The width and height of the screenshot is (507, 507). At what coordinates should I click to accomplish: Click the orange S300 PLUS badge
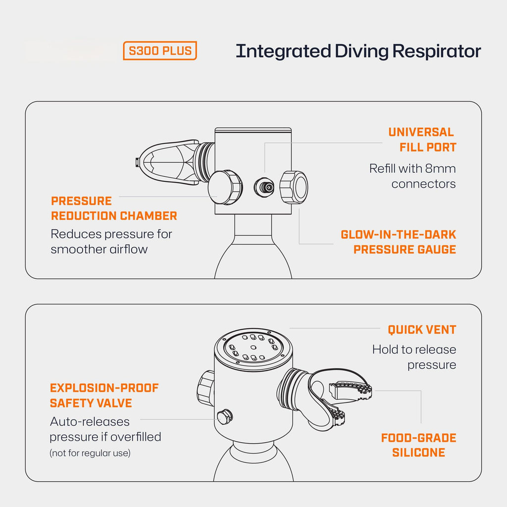pyautogui.click(x=160, y=51)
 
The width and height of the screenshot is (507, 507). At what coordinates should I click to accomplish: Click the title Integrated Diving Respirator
pyautogui.click(x=358, y=51)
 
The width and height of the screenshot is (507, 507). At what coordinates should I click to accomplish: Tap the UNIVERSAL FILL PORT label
pyautogui.click(x=422, y=140)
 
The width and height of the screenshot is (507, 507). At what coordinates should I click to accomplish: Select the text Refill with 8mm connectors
pyautogui.click(x=412, y=176)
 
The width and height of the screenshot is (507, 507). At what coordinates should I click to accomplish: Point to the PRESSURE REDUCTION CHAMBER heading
pyautogui.click(x=113, y=208)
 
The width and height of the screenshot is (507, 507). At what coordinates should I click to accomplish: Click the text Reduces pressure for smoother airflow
pyautogui.click(x=111, y=241)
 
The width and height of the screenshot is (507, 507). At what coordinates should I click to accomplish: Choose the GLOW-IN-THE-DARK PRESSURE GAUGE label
pyautogui.click(x=399, y=242)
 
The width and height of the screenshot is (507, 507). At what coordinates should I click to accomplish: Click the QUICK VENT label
pyautogui.click(x=422, y=330)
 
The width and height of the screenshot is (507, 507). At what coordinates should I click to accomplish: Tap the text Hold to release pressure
pyautogui.click(x=414, y=357)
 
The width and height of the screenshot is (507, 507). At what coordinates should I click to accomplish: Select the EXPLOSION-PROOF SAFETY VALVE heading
pyautogui.click(x=104, y=395)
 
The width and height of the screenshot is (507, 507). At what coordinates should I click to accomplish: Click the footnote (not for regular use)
pyautogui.click(x=90, y=453)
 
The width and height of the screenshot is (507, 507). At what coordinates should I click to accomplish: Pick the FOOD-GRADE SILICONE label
pyautogui.click(x=418, y=445)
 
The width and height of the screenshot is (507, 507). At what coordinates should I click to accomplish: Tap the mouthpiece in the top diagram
pyautogui.click(x=166, y=161)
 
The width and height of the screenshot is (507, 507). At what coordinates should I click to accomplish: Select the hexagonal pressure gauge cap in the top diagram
pyautogui.click(x=294, y=187)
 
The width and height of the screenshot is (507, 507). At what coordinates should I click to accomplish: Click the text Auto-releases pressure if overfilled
pyautogui.click(x=105, y=429)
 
